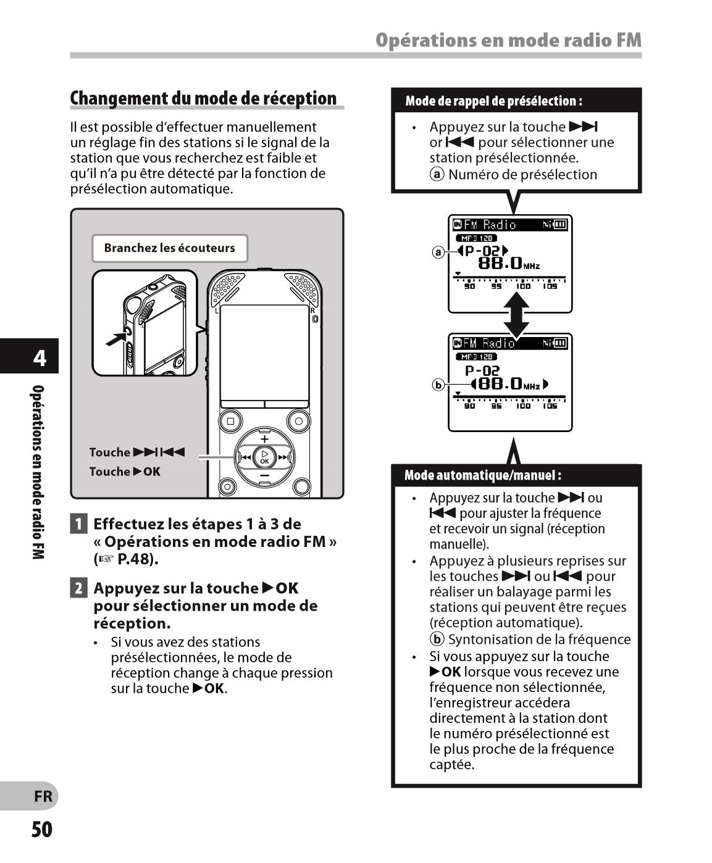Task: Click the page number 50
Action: point(42,829)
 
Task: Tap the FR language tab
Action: point(43,796)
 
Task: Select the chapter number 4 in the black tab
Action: point(40,357)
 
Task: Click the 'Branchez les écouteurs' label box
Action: point(170,248)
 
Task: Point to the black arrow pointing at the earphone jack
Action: point(115,338)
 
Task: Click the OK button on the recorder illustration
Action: point(264,457)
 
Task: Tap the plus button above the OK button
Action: point(264,440)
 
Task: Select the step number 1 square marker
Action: point(78,524)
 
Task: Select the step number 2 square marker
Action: point(78,588)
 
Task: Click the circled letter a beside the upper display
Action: point(438,252)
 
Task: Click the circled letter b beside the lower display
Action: point(438,385)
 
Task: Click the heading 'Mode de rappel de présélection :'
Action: point(493,101)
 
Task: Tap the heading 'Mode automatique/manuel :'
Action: point(483,475)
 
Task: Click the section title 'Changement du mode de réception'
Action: point(203,99)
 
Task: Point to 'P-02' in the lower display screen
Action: point(482,370)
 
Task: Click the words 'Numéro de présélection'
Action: point(522,175)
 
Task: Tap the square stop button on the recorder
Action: point(230,421)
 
